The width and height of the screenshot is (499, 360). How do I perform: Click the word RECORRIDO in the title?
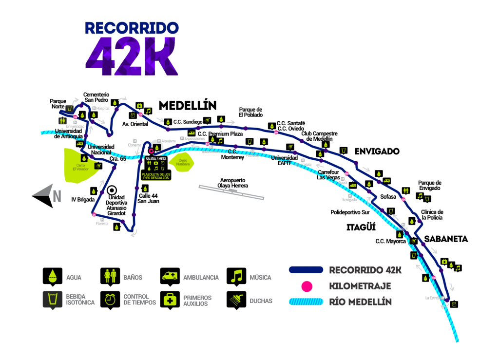coord(132,28)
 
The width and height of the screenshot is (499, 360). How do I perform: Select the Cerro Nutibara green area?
coord(182,162)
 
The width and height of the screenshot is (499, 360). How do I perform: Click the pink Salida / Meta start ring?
coord(151,151)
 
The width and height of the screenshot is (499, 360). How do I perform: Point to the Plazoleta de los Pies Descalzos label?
coord(156,176)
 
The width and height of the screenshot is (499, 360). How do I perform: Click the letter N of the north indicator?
coord(57,197)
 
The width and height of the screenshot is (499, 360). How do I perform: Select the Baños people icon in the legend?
coord(111,276)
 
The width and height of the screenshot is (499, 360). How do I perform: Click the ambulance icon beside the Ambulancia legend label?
coord(170,276)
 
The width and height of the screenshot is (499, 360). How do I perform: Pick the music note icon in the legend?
coord(236,276)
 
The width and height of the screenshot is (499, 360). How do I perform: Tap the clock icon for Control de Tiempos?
coord(111,300)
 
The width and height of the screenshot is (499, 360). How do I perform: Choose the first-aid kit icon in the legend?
coord(170,299)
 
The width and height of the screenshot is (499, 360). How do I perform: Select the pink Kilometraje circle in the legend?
coord(307,286)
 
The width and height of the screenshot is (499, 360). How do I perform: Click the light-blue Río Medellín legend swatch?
coord(306,302)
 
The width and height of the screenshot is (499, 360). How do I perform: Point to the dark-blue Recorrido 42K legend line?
coord(306,270)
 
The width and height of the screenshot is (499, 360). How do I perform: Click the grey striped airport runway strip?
coord(231,192)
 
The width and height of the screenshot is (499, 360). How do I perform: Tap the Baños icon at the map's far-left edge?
coord(62,121)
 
